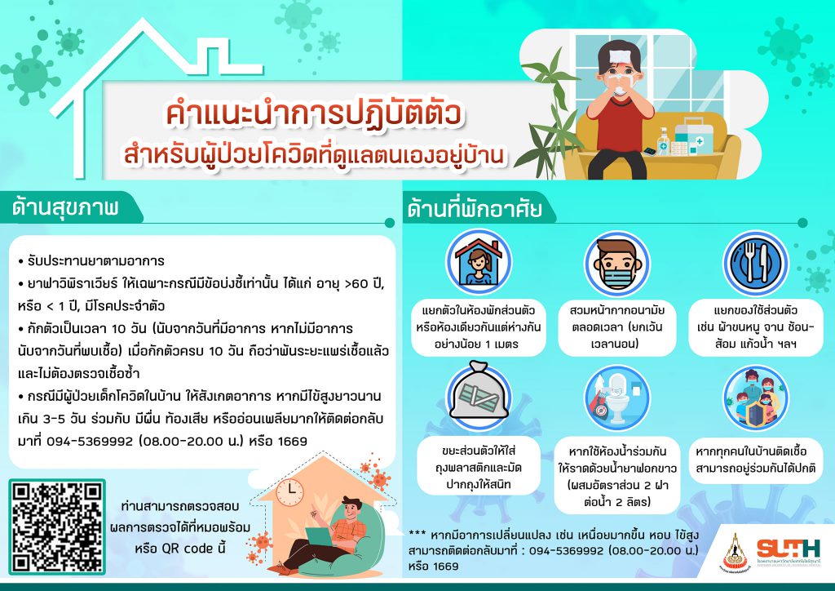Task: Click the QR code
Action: point(57,527)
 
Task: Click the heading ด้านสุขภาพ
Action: point(65,207)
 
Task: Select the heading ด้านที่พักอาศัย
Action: point(475,208)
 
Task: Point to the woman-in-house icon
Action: point(479,262)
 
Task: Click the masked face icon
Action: point(616,264)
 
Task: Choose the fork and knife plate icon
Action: point(755,264)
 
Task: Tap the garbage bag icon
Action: point(478,393)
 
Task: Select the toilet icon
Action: point(616,398)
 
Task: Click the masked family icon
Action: point(755,398)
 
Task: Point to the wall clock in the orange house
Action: point(289,492)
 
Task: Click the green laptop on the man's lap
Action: point(320,536)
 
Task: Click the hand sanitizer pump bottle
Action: point(663,142)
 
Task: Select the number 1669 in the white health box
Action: point(293,442)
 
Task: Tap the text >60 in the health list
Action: point(356,283)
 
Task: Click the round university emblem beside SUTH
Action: point(735,553)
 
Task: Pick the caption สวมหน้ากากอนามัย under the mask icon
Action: point(616,310)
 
